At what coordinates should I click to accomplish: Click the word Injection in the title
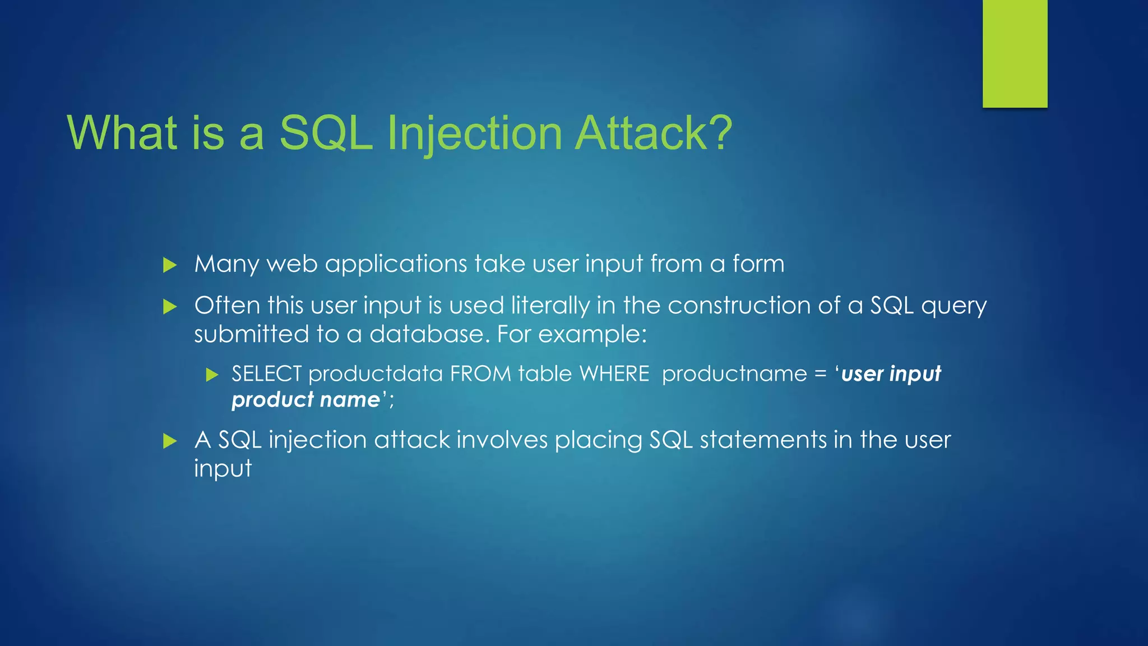(x=474, y=133)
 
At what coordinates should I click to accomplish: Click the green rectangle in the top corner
(x=1015, y=53)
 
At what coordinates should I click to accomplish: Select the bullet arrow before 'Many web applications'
(x=169, y=265)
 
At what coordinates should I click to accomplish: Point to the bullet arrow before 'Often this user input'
(x=169, y=306)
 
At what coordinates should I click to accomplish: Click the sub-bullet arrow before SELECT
(x=212, y=375)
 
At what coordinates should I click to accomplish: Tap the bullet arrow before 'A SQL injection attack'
(x=169, y=441)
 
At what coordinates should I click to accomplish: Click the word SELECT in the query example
(x=266, y=374)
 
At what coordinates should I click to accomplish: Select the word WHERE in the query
(x=614, y=374)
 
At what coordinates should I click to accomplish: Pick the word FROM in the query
(x=480, y=374)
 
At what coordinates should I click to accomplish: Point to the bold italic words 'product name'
(x=306, y=400)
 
